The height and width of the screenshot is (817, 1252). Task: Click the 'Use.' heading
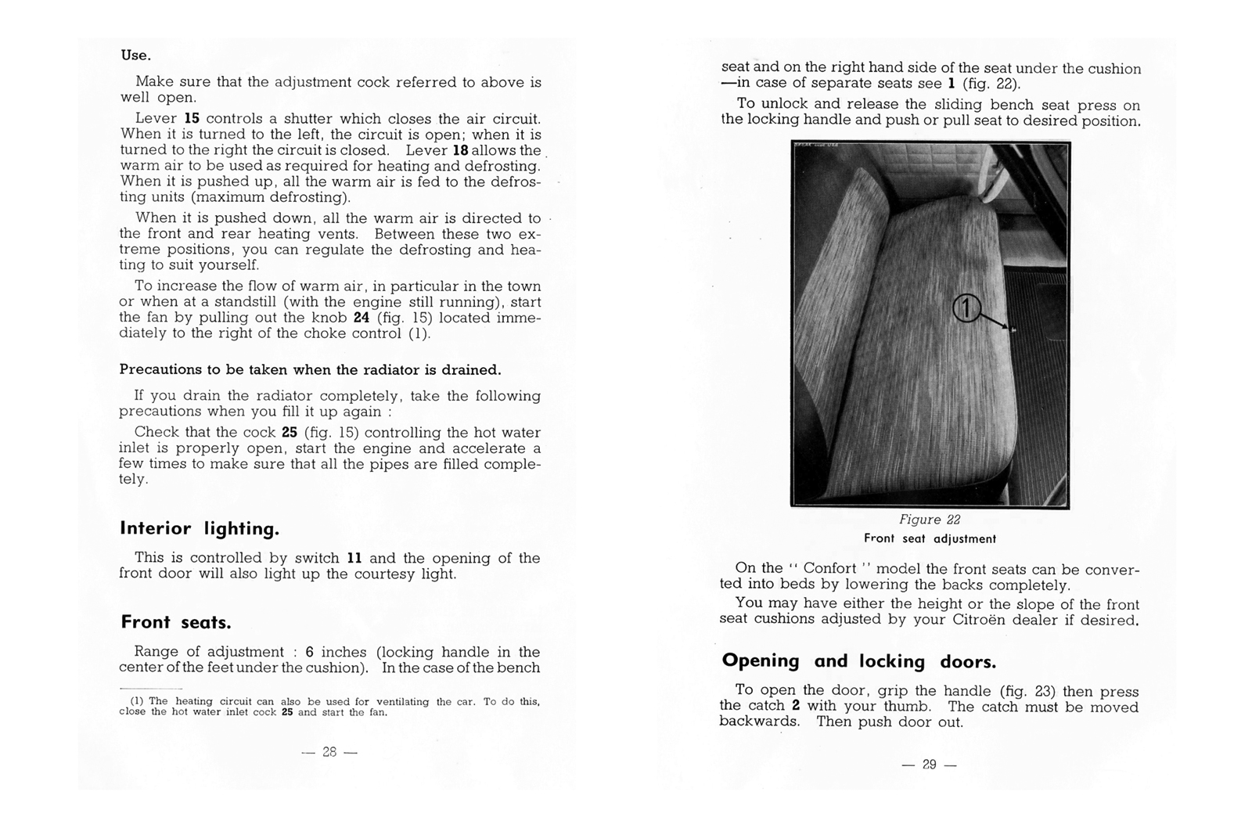(135, 56)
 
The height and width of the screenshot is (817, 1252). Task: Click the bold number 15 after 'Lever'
(192, 119)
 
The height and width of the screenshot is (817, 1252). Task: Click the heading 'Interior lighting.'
(200, 529)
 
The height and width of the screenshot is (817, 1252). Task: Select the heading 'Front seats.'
(176, 623)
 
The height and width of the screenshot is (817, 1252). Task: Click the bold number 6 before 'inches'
(310, 652)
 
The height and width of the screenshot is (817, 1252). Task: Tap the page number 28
(329, 751)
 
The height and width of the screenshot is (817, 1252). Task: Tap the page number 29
(929, 765)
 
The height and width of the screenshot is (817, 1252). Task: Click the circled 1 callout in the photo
(966, 308)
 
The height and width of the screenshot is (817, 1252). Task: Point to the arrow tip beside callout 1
(1013, 330)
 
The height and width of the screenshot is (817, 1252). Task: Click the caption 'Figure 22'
(930, 520)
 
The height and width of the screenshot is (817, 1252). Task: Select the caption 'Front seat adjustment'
(930, 538)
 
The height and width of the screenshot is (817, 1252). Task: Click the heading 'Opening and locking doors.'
(859, 661)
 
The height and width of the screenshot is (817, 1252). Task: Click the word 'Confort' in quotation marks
(829, 568)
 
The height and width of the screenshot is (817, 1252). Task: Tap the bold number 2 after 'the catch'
(796, 706)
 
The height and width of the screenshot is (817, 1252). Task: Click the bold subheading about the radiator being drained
(310, 369)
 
